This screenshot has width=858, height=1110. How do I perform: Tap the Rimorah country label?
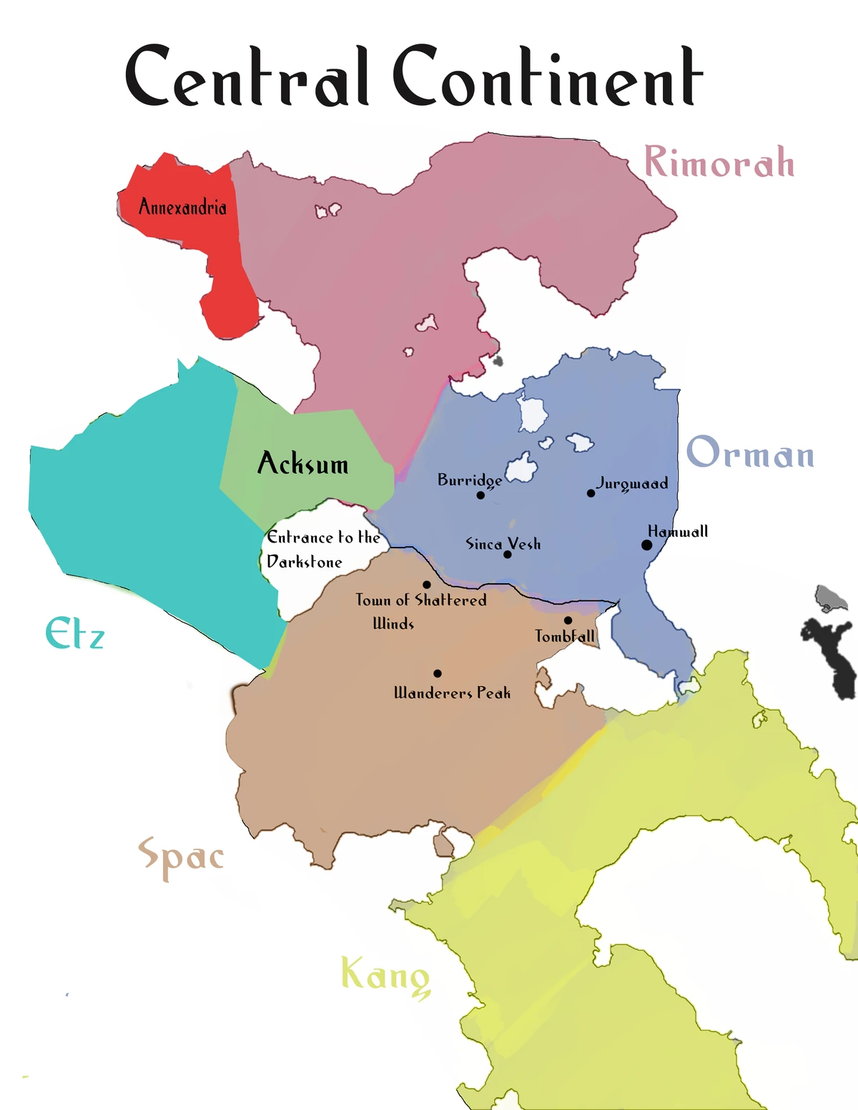coord(719,162)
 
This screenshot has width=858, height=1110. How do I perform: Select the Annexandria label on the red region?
coord(182,207)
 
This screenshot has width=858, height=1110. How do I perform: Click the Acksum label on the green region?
coord(302,464)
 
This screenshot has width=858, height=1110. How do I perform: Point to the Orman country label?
coord(750,454)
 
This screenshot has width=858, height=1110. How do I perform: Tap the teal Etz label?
coord(74,633)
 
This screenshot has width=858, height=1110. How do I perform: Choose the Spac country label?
coord(181,856)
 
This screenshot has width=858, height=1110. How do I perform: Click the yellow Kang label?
coord(385,976)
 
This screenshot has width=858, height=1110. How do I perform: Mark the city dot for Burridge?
coord(480,495)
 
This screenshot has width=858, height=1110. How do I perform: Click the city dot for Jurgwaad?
coord(591,493)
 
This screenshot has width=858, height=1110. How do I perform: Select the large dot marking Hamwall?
coord(646,545)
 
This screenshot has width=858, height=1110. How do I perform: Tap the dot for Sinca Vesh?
coord(507,555)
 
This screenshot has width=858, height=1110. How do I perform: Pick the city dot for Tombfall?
coord(568,620)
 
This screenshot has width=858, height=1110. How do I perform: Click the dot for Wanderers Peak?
coord(437,673)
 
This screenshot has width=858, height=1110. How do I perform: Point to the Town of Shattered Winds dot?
coord(427,585)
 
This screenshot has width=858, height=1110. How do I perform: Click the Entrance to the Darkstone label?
coord(322,550)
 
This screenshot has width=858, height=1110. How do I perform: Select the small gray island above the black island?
coord(831,598)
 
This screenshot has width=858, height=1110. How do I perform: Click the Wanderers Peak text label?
coord(452,693)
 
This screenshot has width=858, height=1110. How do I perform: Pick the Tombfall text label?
coord(565,636)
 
